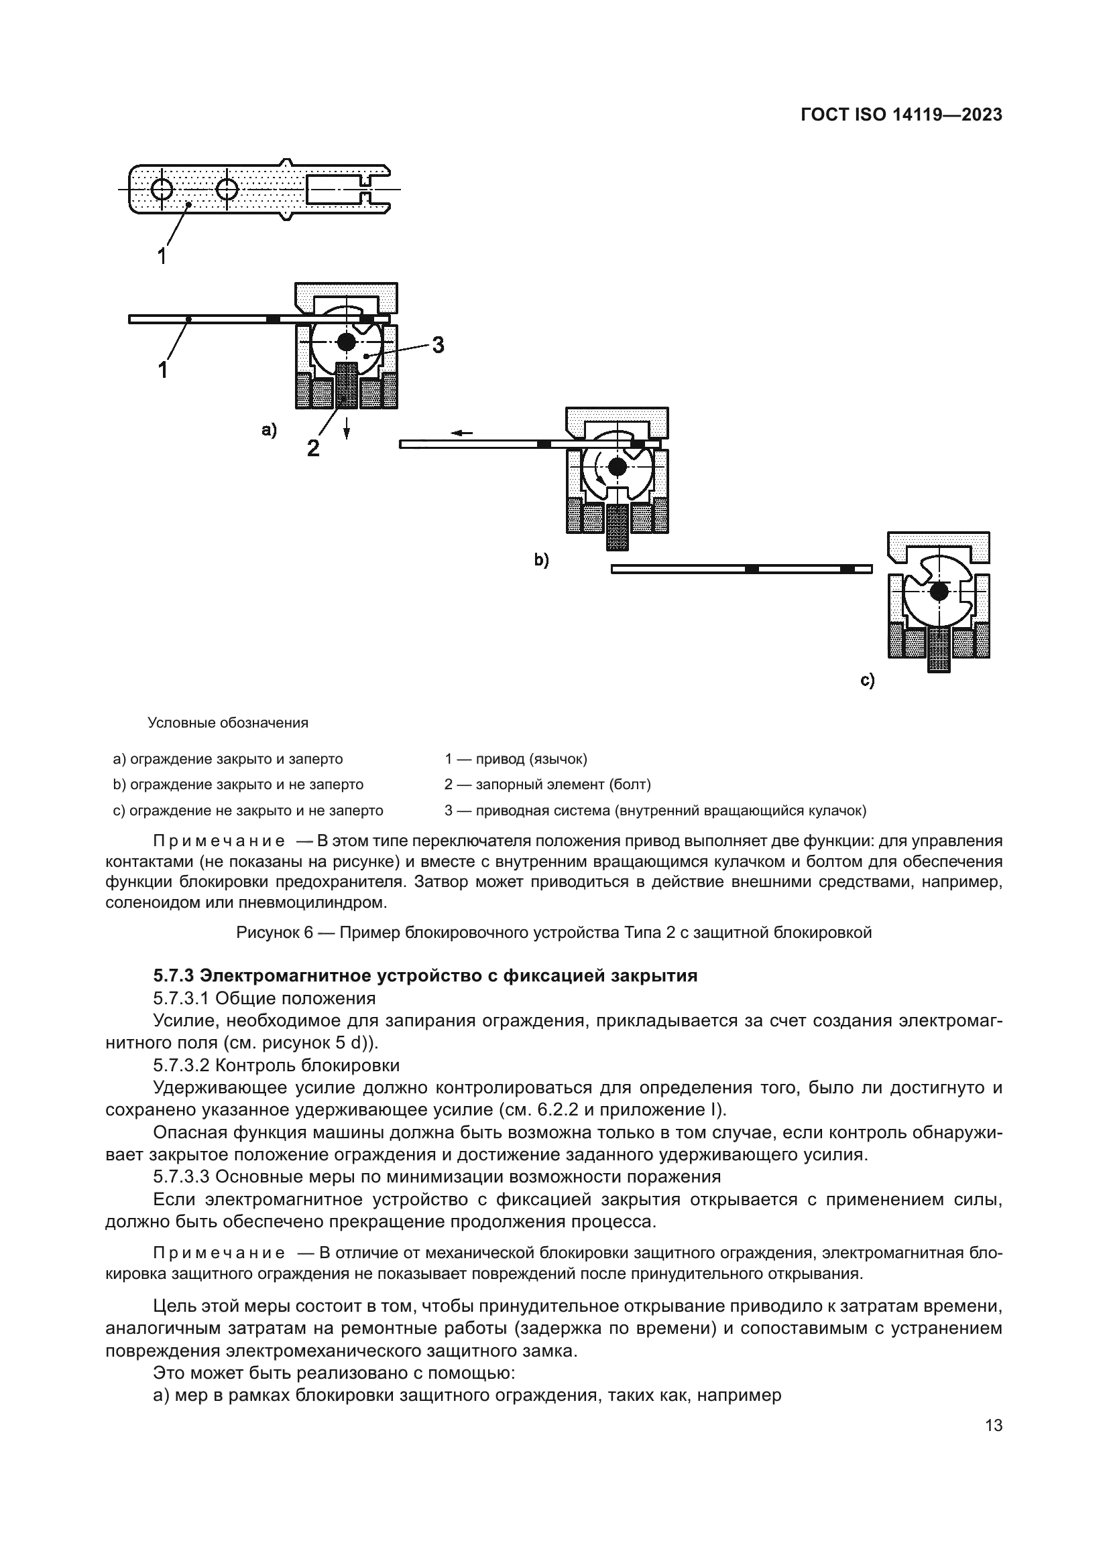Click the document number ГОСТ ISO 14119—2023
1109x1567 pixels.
[900, 115]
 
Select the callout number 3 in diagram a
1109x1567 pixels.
[438, 345]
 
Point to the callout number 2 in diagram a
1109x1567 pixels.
[312, 448]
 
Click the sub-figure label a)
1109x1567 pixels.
[269, 430]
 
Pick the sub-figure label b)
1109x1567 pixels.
[542, 560]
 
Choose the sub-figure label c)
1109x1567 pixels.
[867, 681]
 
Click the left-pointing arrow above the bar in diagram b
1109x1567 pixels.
[463, 433]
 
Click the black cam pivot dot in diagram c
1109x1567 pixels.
[939, 592]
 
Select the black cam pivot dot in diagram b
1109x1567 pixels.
[618, 467]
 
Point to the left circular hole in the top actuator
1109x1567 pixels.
[162, 188]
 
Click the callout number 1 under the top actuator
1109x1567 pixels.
[162, 257]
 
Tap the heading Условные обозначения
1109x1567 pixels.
[228, 723]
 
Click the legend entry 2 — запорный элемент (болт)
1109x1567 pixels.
[548, 785]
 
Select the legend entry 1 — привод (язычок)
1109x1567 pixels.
[516, 759]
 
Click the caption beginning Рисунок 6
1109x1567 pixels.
[554, 933]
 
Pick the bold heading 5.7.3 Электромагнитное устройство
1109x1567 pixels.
[424, 976]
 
